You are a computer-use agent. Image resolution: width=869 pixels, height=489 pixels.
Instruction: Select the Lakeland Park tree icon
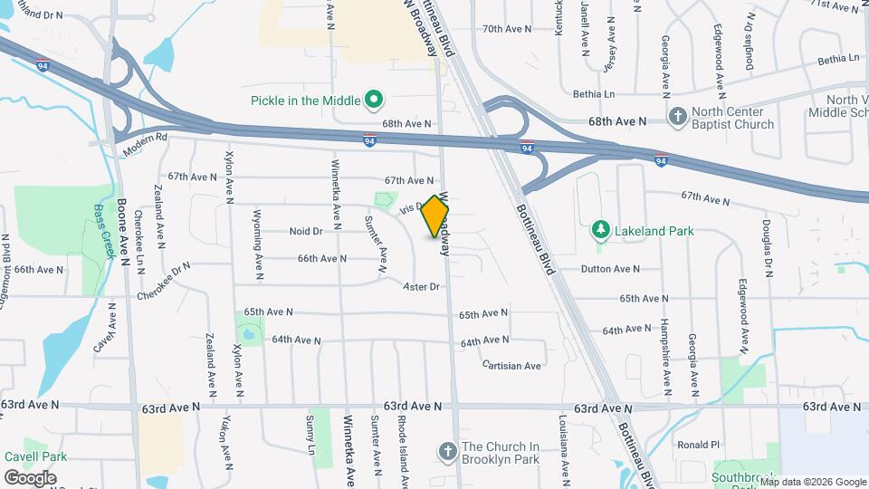(x=597, y=231)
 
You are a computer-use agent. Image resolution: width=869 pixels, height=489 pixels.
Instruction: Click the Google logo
(x=30, y=478)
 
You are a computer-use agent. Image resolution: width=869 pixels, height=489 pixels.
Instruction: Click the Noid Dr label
(x=306, y=232)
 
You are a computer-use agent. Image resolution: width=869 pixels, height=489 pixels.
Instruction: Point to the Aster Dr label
(x=421, y=286)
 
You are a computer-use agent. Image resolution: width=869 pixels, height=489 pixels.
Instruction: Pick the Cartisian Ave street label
(x=511, y=366)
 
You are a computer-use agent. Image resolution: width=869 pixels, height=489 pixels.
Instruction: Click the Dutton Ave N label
(x=610, y=269)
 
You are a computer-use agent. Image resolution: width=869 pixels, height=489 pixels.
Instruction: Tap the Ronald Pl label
(x=698, y=445)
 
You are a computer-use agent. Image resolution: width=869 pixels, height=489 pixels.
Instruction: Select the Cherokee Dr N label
(x=164, y=282)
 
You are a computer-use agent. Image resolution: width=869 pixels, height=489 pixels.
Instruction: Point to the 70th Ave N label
(x=507, y=29)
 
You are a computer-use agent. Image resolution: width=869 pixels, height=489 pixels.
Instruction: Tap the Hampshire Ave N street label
(x=664, y=348)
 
